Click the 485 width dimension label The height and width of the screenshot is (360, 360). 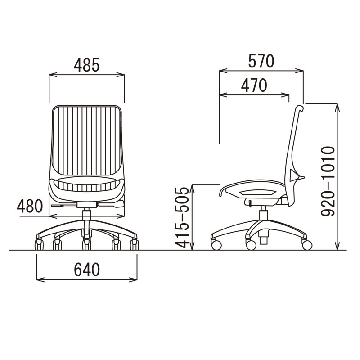pyautogui.click(x=86, y=65)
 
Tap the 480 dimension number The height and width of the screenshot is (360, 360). pyautogui.click(x=30, y=206)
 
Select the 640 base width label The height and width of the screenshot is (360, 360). pyautogui.click(x=87, y=269)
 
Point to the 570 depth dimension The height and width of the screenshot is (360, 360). pyautogui.click(x=261, y=61)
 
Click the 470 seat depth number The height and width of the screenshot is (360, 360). pyautogui.click(x=254, y=85)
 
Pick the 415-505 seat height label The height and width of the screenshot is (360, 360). pyautogui.click(x=182, y=218)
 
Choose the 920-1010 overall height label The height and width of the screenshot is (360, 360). pyautogui.click(x=328, y=181)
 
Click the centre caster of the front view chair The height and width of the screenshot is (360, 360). pyautogui.click(x=86, y=245)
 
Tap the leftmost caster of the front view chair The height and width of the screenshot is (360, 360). pyautogui.click(x=39, y=245)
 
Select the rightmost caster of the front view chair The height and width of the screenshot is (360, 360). pyautogui.click(x=134, y=245)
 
